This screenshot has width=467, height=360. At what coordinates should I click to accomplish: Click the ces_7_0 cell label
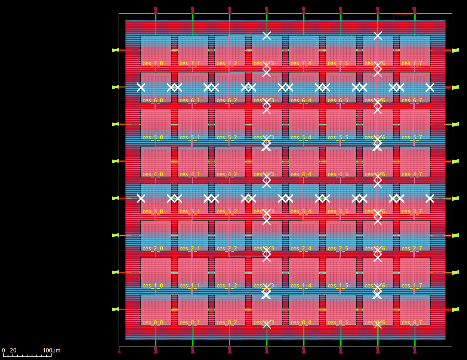point(153,63)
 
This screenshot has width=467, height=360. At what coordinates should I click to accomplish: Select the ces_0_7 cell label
point(412,323)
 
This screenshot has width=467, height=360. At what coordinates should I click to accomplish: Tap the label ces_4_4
point(301,174)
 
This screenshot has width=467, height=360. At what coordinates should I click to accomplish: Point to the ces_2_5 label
point(338,249)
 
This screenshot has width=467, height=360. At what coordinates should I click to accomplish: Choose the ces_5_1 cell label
point(190,138)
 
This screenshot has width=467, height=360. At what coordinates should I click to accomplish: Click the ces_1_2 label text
point(227,286)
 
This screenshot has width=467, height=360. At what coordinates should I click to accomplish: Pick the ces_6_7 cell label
point(412,101)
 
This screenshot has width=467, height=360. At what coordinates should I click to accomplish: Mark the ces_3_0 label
point(153,212)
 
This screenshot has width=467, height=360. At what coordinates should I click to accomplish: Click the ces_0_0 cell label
point(153,323)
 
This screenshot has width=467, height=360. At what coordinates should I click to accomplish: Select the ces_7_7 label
point(412,63)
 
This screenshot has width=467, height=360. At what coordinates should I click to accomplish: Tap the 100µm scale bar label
point(52,351)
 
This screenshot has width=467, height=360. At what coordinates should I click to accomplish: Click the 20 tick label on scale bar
point(13,351)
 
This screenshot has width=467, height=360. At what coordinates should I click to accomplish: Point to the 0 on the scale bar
point(4,351)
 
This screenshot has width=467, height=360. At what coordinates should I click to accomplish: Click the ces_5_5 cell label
point(338,138)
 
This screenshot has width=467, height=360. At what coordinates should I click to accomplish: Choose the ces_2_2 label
point(227,249)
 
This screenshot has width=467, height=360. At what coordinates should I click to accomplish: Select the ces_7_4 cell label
point(301,63)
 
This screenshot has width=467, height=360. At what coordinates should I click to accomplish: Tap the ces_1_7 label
point(412,286)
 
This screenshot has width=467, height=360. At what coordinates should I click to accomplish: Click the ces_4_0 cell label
point(153,174)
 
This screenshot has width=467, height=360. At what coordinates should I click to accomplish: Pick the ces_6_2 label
point(227,101)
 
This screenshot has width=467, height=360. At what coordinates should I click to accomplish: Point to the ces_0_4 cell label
point(301,323)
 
